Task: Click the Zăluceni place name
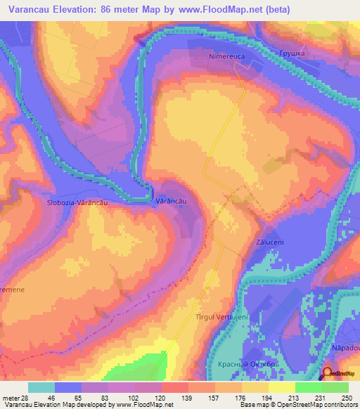coord(269,242)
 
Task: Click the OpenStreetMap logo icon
coord(328,373)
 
